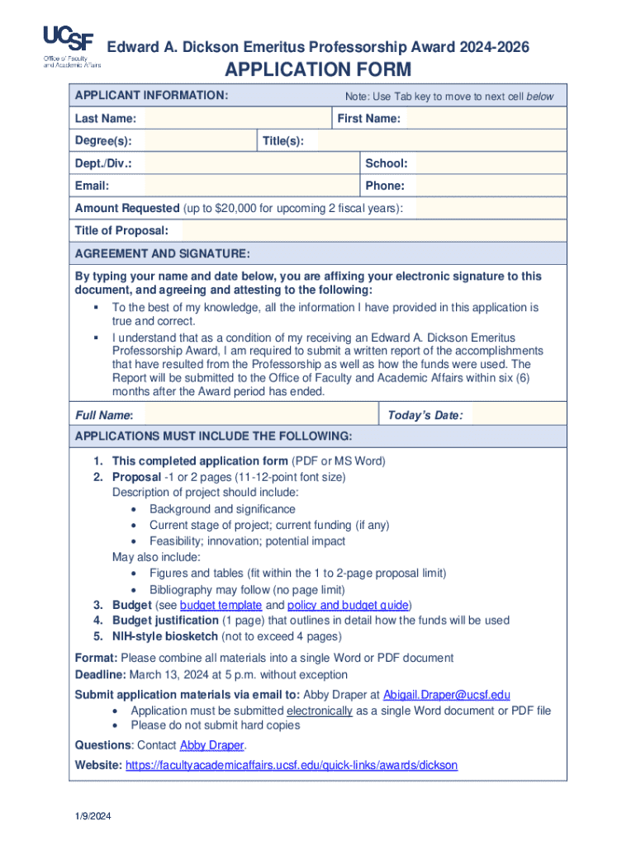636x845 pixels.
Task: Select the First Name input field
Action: coord(487,119)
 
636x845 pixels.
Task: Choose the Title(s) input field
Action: coord(441,141)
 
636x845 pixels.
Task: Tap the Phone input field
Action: coord(487,186)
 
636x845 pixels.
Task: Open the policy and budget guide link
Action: coord(348,606)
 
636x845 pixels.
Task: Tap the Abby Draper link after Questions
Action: coord(211,745)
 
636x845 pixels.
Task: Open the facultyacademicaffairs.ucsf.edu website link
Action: coord(291,766)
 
